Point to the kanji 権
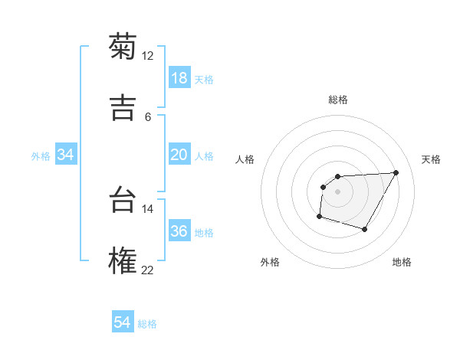pyautogui.click(x=123, y=260)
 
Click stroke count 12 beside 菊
pyautogui.click(x=148, y=56)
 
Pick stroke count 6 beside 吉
pyautogui.click(x=148, y=117)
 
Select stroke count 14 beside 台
pyautogui.click(x=148, y=208)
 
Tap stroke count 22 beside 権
pyautogui.click(x=148, y=270)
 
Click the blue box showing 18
pyautogui.click(x=179, y=78)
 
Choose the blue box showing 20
pyautogui.click(x=179, y=155)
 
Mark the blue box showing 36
pyautogui.click(x=179, y=231)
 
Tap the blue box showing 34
pyautogui.click(x=66, y=155)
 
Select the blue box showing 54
pyautogui.click(x=123, y=322)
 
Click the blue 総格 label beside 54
pyautogui.click(x=147, y=324)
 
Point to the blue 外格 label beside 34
pyautogui.click(x=41, y=156)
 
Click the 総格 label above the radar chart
pyautogui.click(x=338, y=100)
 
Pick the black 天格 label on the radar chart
pyautogui.click(x=431, y=159)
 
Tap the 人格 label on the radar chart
pyautogui.click(x=245, y=159)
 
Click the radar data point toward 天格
pyautogui.click(x=396, y=172)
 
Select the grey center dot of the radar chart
pyautogui.click(x=337, y=191)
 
